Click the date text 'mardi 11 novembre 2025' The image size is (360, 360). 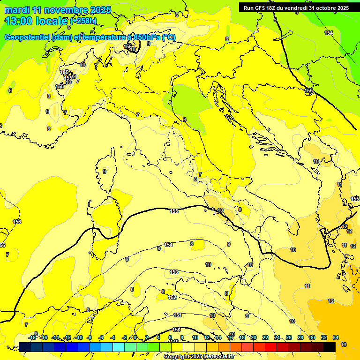pyautogui.click(x=58, y=10)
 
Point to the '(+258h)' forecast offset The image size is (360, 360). pyautogui.click(x=83, y=21)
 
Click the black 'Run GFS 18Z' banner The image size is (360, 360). pyautogui.click(x=296, y=7)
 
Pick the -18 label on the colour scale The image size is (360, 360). pyautogui.click(x=32, y=337)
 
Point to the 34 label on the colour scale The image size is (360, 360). pyautogui.click(x=336, y=337)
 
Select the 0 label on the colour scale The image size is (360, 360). pyautogui.click(x=135, y=337)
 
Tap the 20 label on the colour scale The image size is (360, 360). pyautogui.click(x=254, y=337)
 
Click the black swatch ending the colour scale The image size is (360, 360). pyautogui.click(x=330, y=347)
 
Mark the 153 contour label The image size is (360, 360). pyautogui.click(x=174, y=272)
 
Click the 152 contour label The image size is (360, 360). pyautogui.click(x=172, y=297)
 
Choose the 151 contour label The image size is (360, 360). pyautogui.click(x=178, y=315)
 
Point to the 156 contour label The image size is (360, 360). pyautogui.click(x=17, y=222)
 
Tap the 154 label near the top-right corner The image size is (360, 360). pyautogui.click(x=329, y=33)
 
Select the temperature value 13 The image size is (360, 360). pyautogui.click(x=344, y=345)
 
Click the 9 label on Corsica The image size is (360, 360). pyautogui.click(x=105, y=172)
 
